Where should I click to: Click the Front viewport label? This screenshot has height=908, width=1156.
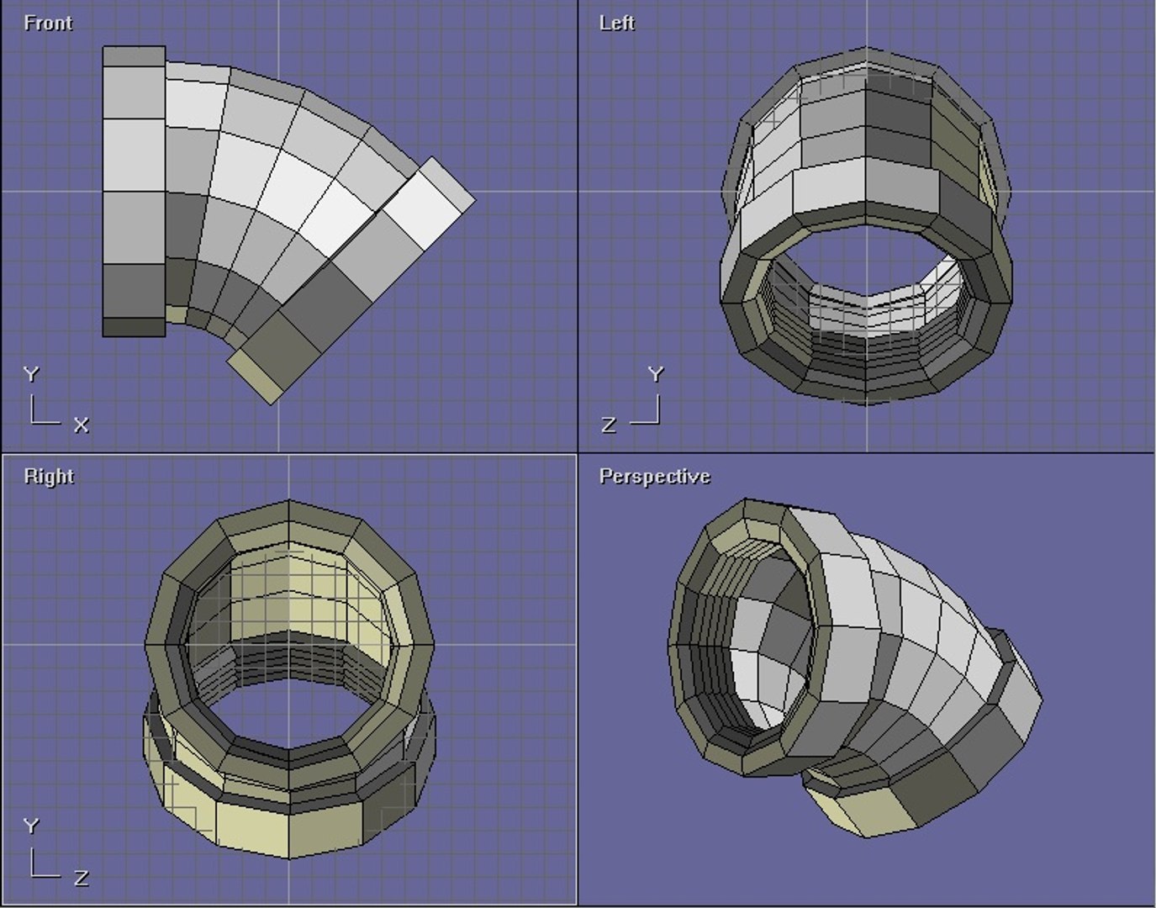pos(48,23)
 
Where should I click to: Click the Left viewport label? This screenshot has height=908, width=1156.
pos(616,23)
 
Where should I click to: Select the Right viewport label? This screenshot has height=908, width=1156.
pos(49,476)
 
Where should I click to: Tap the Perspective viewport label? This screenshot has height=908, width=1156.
pos(654,476)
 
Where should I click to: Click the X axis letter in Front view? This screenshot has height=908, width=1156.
pos(81,425)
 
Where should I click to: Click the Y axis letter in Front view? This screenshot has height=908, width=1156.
pos(31,374)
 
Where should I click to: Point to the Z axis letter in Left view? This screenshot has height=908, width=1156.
pos(609,425)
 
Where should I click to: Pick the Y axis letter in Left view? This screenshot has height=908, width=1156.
pos(656,374)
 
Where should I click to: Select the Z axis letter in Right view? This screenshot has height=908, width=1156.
pos(81,878)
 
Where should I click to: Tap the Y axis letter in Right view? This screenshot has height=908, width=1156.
pos(31,826)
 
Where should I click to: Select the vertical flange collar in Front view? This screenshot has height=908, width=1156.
pos(134,192)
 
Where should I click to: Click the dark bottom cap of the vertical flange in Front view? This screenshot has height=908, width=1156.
pos(134,327)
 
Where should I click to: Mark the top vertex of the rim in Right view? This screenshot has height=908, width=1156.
pos(289,501)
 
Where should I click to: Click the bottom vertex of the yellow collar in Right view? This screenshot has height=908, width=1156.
pos(289,858)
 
